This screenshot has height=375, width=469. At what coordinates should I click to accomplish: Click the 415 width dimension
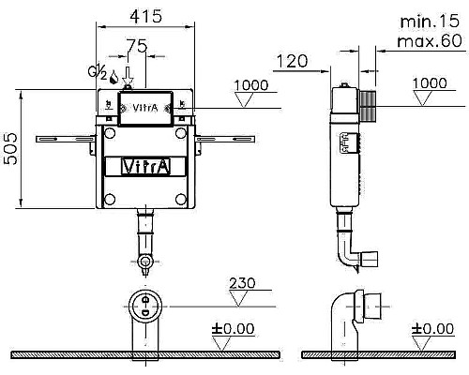[x=145, y=16]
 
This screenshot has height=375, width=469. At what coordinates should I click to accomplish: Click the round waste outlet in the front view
[x=145, y=304]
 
